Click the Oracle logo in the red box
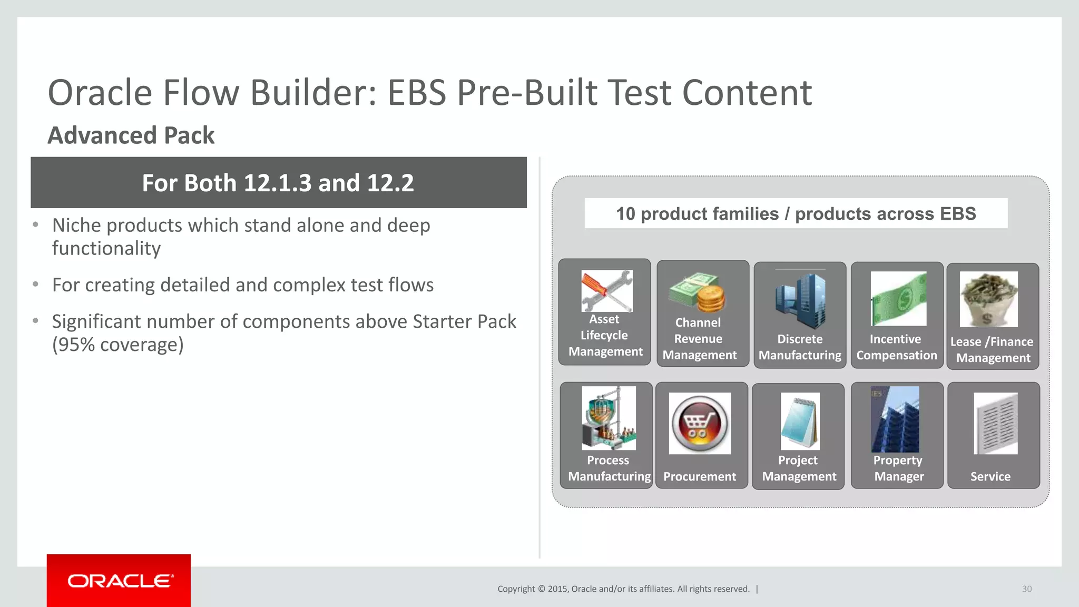tap(119, 581)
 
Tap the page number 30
tap(1026, 589)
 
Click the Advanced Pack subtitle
tap(131, 135)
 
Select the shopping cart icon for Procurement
tap(700, 424)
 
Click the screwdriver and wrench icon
tap(606, 291)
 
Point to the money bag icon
tap(988, 299)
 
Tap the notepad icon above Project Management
tap(800, 421)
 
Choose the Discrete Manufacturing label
tap(800, 347)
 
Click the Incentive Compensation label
tap(896, 347)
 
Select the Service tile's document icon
tap(995, 424)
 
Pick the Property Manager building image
tap(895, 419)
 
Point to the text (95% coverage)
tap(118, 345)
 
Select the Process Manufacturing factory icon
tap(609, 418)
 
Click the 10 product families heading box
tap(796, 213)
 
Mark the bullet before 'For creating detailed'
tap(36, 285)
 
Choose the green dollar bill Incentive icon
tap(898, 299)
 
